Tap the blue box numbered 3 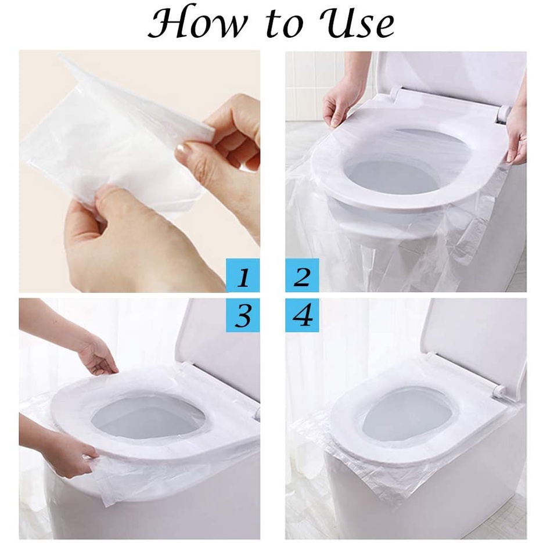[243, 315]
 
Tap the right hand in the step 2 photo [516, 139]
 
